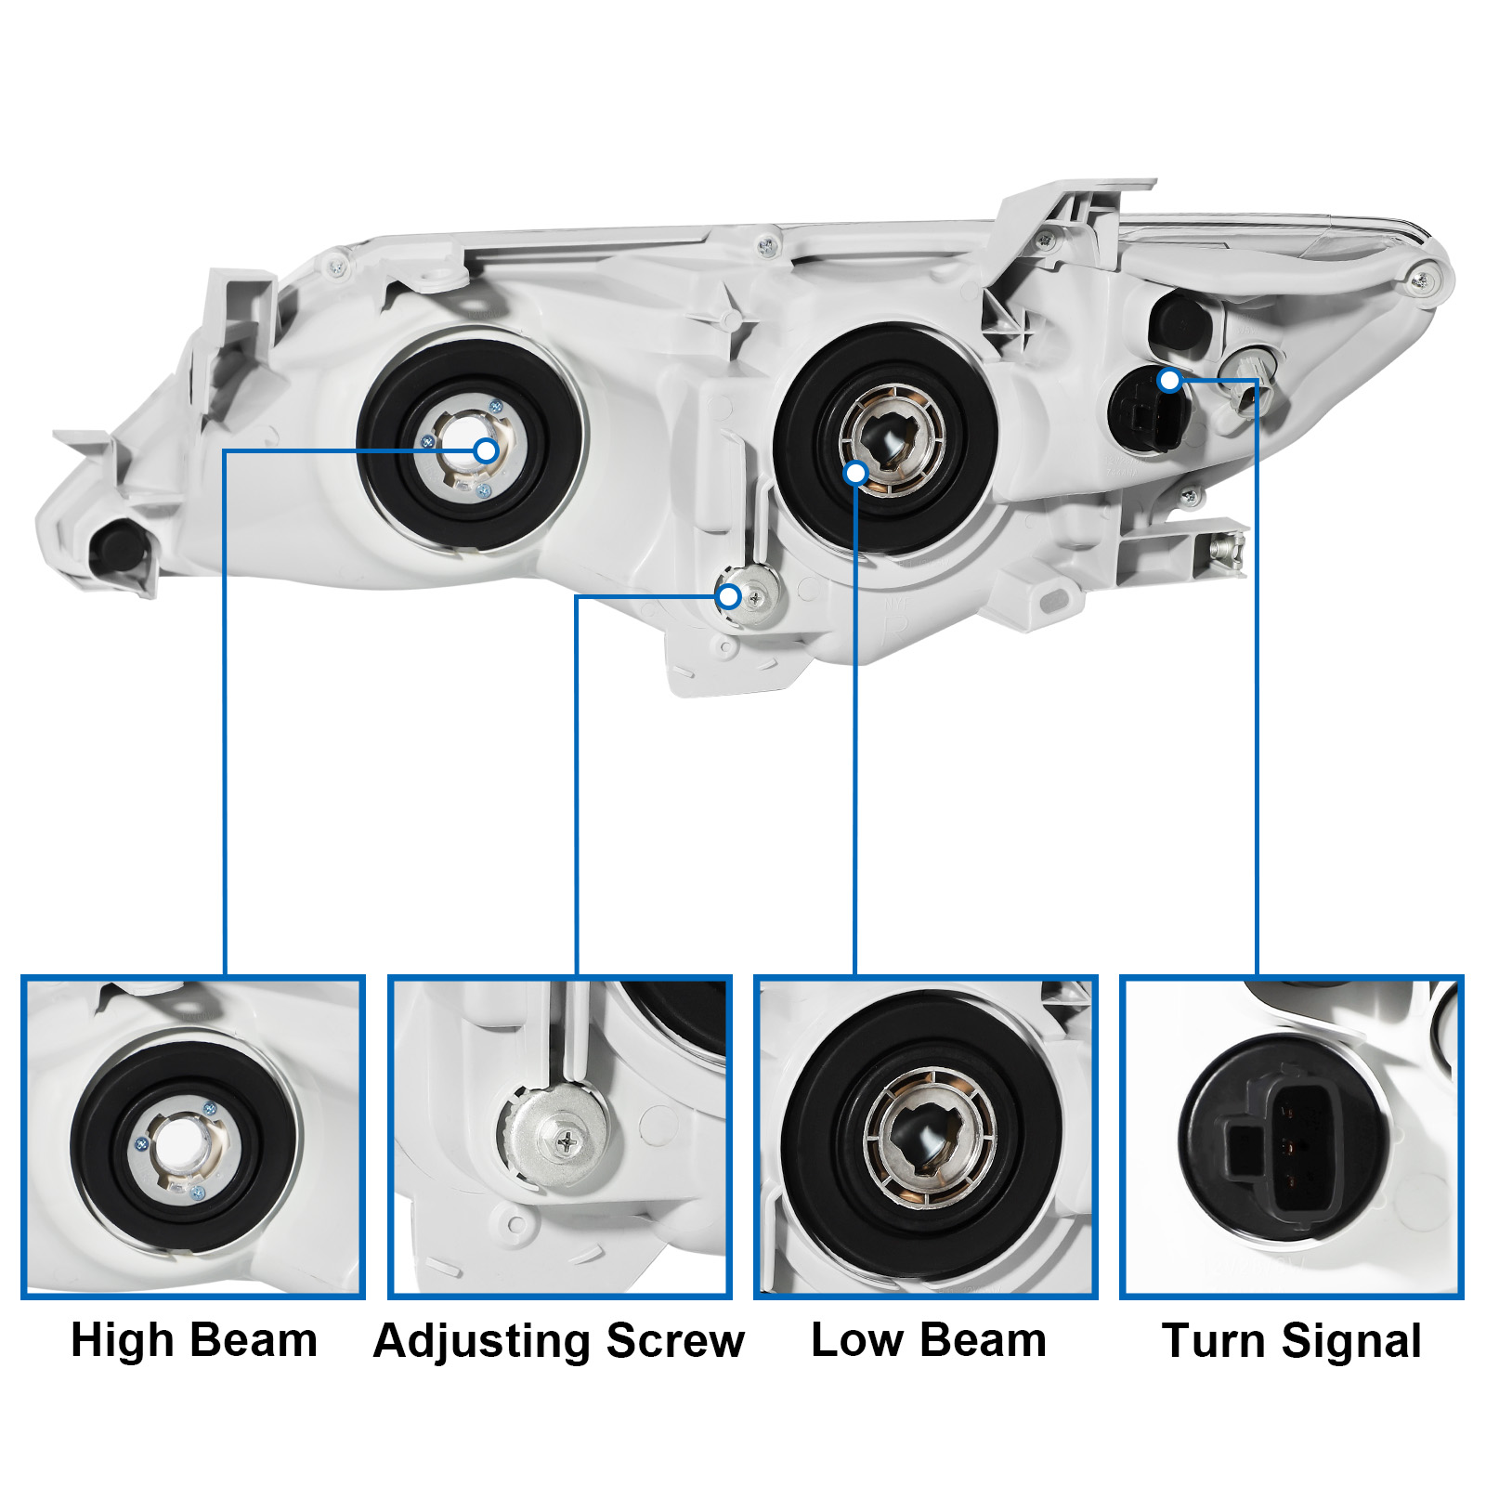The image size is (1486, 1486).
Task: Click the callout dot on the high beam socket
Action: coord(486,451)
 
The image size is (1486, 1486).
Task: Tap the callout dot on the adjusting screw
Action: coord(729,596)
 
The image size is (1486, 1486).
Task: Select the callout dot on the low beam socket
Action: coord(855,474)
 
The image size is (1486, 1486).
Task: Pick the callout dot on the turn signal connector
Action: coord(1170,380)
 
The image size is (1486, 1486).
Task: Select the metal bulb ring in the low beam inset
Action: coord(930,1138)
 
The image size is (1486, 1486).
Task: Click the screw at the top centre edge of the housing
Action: coord(766,246)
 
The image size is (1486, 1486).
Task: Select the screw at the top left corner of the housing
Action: coord(336,268)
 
